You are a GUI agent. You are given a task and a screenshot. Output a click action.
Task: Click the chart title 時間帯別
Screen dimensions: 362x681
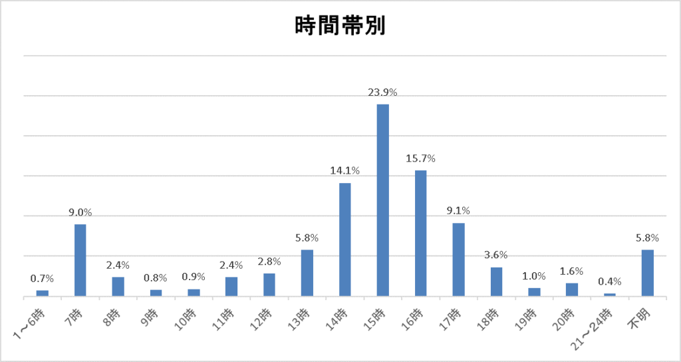(340, 26)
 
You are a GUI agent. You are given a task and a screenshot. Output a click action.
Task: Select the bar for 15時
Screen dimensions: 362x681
(383, 200)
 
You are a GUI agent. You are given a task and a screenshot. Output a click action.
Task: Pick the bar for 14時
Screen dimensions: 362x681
(345, 239)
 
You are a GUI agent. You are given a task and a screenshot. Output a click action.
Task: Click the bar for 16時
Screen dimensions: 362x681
(421, 233)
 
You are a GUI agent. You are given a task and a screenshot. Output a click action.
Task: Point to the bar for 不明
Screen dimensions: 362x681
(648, 272)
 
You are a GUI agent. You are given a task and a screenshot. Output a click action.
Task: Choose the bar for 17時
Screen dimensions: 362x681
(459, 259)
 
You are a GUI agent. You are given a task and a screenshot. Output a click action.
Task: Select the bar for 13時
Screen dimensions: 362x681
(307, 272)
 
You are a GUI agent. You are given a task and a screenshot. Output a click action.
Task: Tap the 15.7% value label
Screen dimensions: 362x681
(421, 158)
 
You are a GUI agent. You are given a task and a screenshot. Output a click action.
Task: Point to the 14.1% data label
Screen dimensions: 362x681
(345, 171)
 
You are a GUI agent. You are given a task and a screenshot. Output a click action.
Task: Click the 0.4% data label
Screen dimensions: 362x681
(610, 281)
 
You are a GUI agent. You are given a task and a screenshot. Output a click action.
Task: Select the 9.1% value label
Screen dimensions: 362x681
(459, 211)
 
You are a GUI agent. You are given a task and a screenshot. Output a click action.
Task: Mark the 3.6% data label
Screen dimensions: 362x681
(497, 255)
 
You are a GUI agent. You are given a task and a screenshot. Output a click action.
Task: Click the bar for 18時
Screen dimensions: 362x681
(497, 281)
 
